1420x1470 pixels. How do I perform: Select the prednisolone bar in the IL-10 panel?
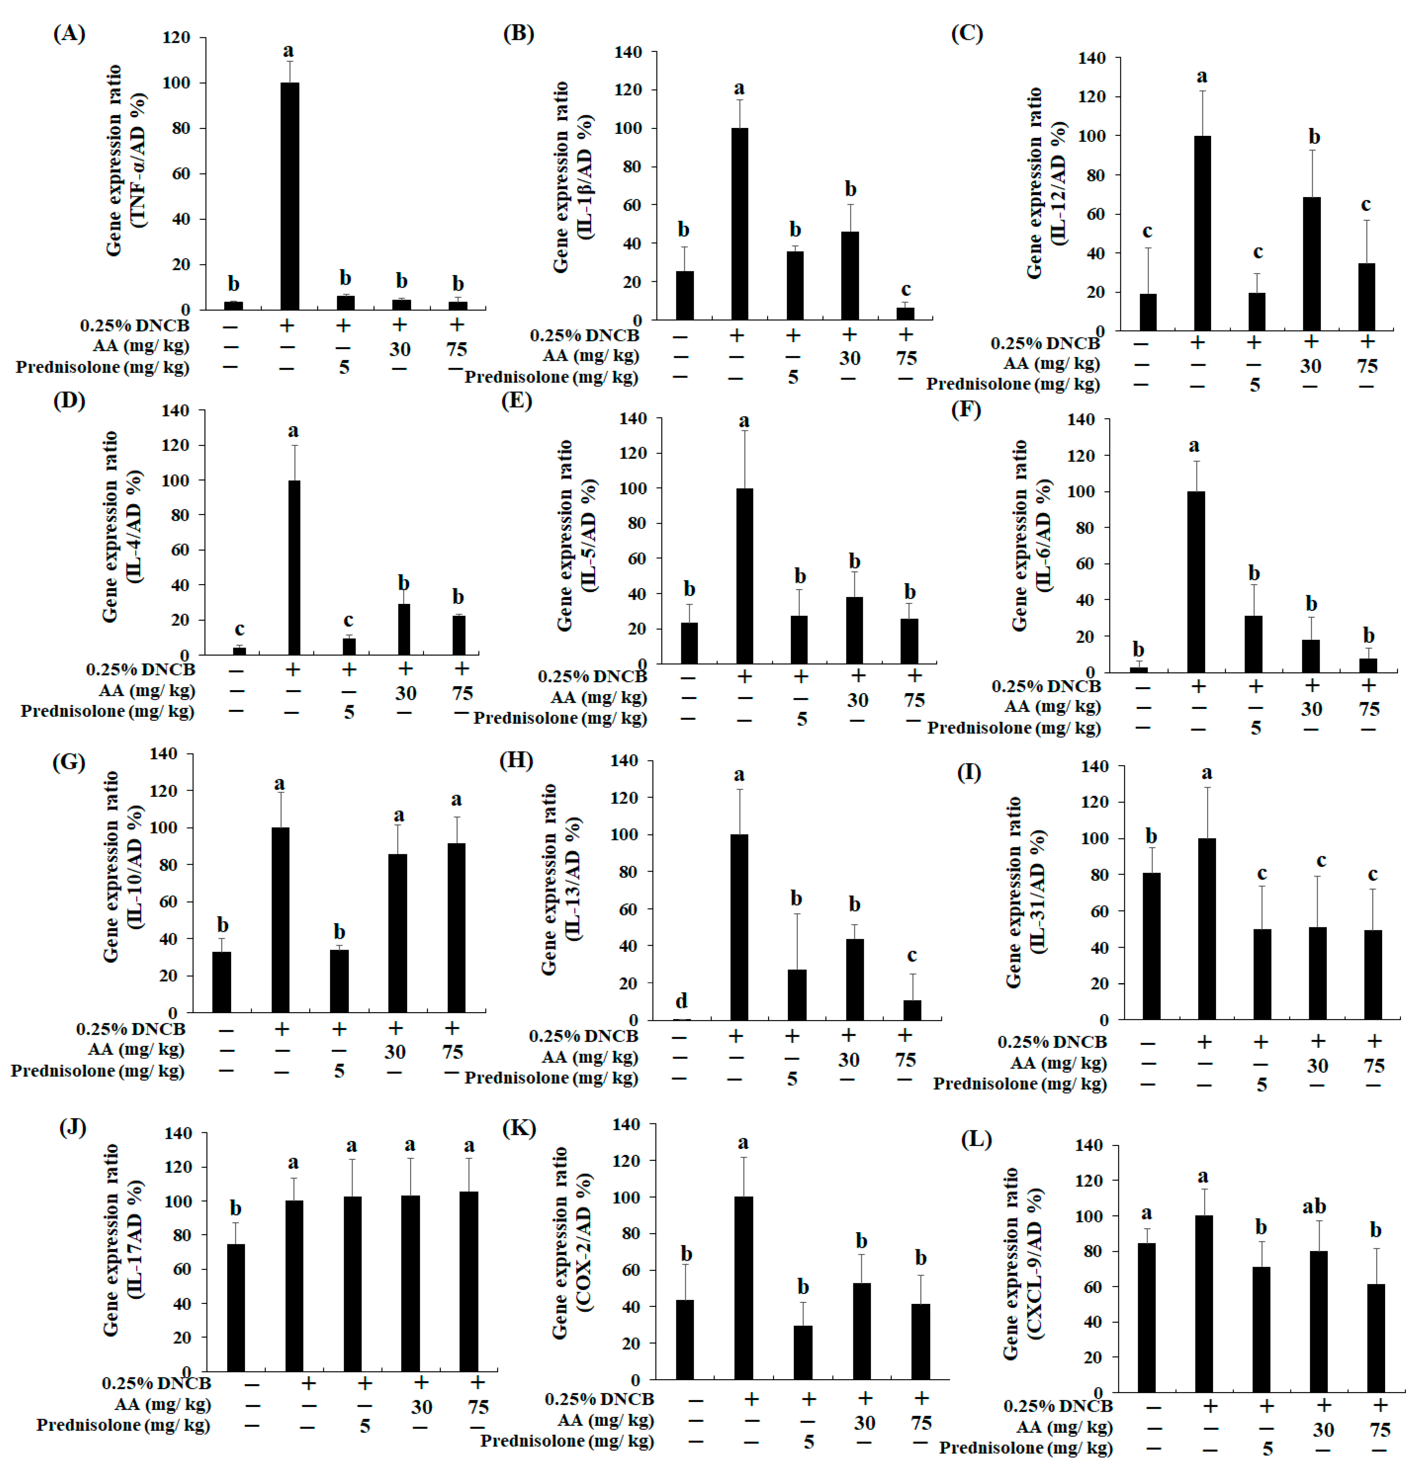pyautogui.click(x=339, y=981)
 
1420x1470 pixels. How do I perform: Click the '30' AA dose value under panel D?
pyautogui.click(x=405, y=693)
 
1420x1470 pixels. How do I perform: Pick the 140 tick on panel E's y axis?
pyautogui.click(x=633, y=418)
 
